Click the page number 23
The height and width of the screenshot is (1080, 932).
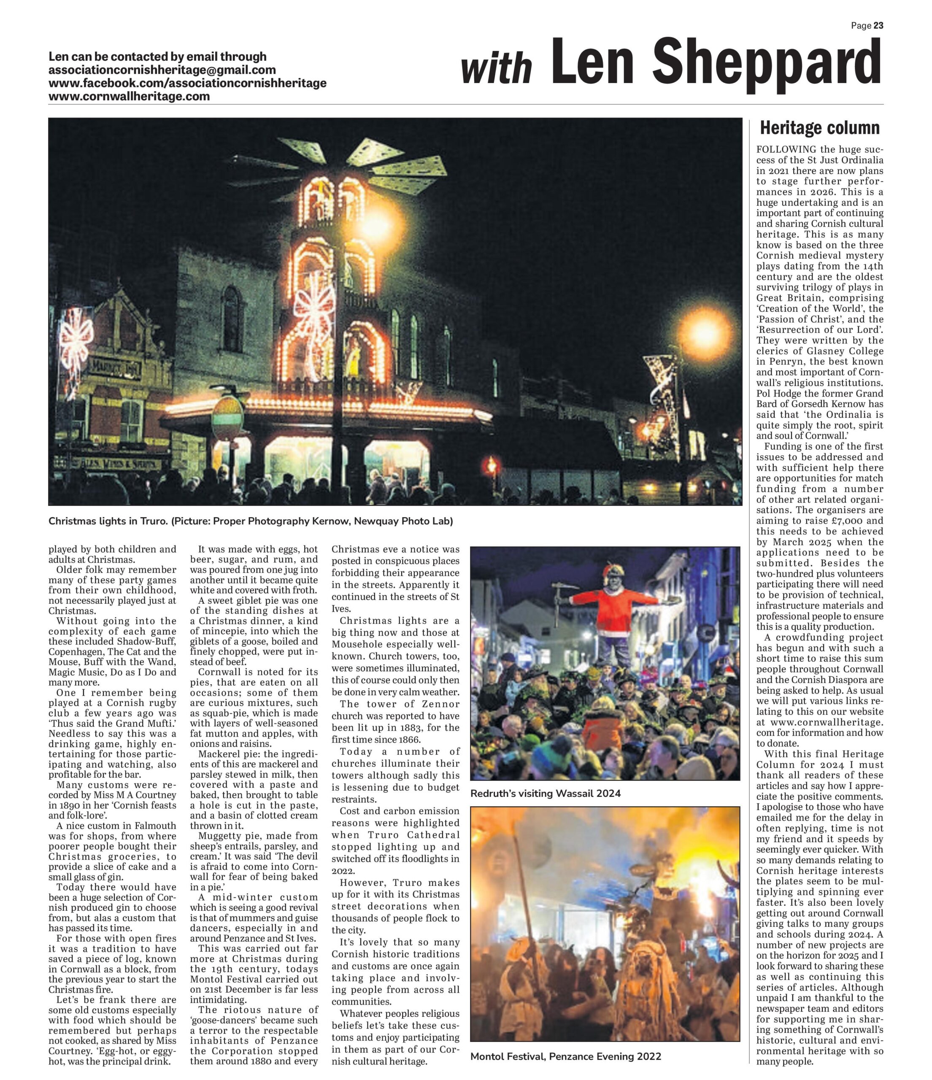tap(878, 26)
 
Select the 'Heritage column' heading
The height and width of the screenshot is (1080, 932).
tap(819, 128)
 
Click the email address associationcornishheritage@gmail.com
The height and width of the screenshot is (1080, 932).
tap(162, 70)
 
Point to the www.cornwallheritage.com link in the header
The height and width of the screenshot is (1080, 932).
tap(129, 97)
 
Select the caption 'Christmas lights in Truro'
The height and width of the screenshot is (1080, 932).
tap(108, 521)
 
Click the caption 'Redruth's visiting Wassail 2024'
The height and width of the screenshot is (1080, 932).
tap(545, 793)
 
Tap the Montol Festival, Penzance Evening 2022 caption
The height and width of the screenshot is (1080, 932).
tap(565, 1056)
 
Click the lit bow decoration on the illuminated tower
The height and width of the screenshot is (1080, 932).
tap(314, 309)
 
